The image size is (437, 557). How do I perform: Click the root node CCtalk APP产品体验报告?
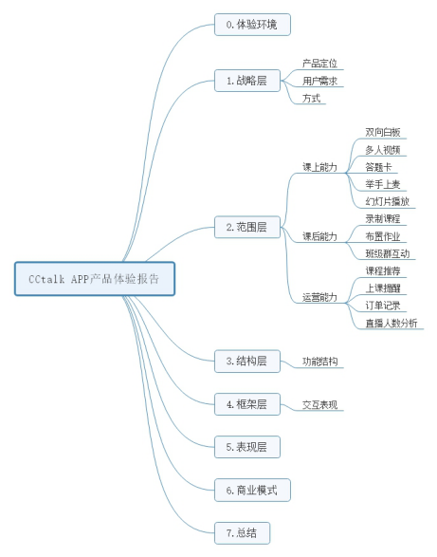(95, 279)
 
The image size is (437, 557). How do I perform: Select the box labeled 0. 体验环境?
(252, 25)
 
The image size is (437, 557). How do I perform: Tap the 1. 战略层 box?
(247, 81)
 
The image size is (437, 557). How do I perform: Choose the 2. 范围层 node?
(247, 227)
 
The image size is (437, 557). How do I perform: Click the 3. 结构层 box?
(247, 362)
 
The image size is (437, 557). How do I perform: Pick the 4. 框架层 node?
(247, 404)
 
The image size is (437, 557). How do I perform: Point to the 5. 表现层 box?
(247, 447)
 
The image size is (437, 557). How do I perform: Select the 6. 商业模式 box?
(252, 491)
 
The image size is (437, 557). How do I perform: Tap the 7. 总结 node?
(242, 533)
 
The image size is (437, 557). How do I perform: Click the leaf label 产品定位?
(319, 64)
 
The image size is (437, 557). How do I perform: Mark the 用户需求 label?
(319, 81)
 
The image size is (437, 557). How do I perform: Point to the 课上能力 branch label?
(319, 167)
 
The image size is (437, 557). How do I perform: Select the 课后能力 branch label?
(319, 236)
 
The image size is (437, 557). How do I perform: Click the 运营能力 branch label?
(319, 297)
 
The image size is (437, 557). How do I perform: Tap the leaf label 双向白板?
(383, 133)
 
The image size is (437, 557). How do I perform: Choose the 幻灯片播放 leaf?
(388, 201)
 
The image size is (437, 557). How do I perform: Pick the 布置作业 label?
(383, 236)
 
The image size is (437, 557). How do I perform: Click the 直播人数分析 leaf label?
(391, 323)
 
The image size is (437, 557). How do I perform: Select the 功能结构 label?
(319, 362)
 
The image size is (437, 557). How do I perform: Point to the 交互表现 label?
(319, 404)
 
